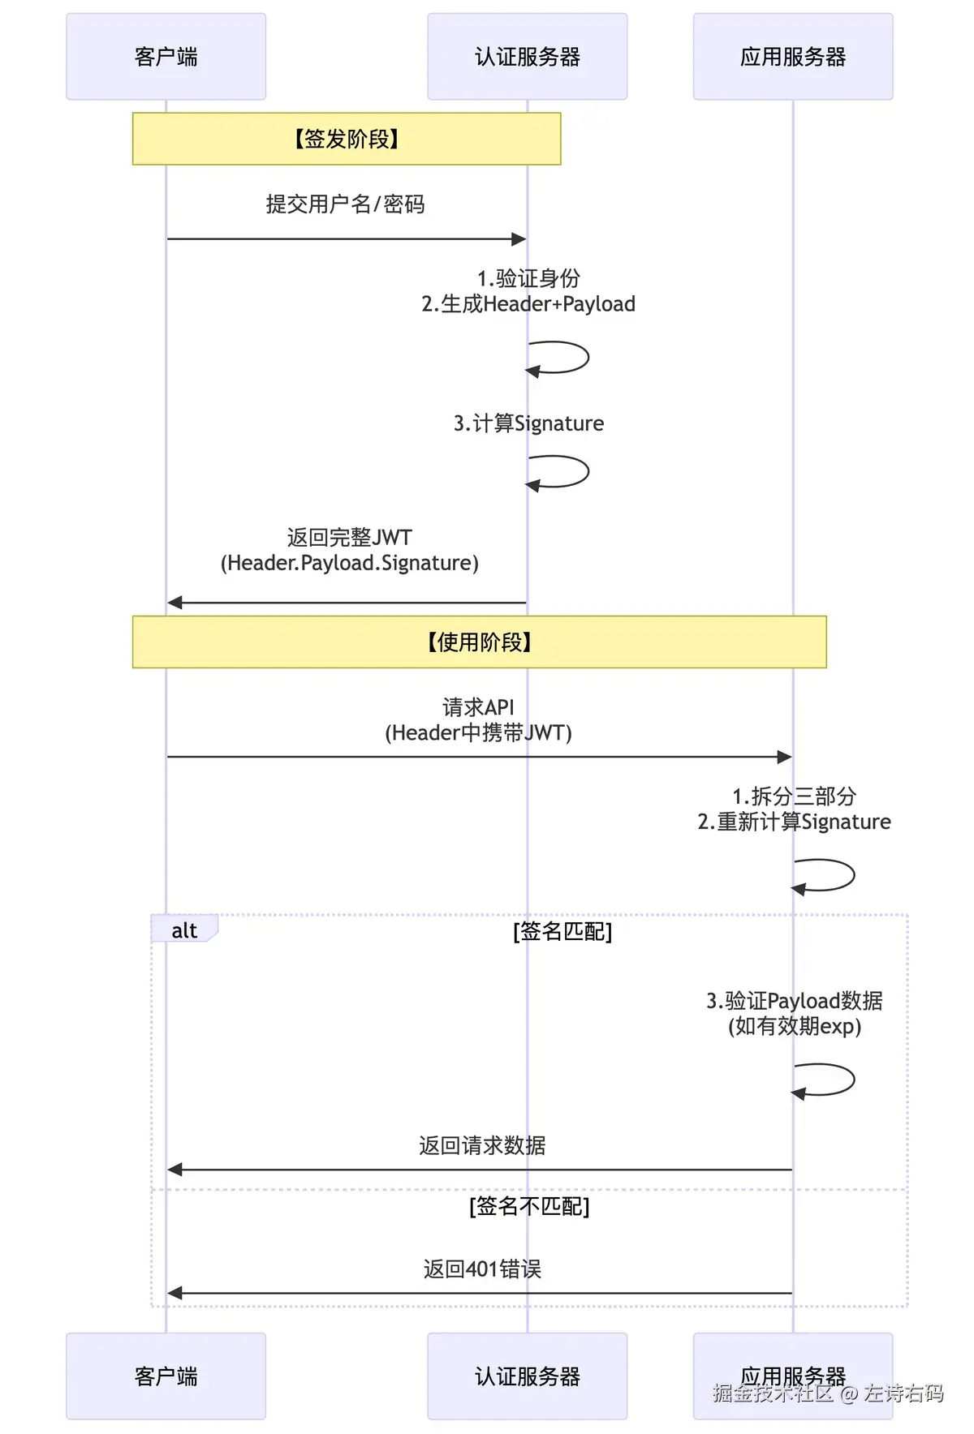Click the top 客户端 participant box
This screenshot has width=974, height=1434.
[166, 57]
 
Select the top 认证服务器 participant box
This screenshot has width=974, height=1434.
[528, 57]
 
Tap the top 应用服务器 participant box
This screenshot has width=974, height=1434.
[793, 57]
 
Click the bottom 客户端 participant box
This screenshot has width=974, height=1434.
[166, 1376]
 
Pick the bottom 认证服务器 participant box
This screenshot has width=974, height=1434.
[528, 1376]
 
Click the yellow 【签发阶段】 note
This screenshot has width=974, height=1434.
[347, 139]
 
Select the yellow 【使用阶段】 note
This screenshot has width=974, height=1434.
[480, 642]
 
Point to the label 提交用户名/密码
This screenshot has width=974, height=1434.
[346, 204]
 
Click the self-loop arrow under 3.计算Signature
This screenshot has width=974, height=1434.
[588, 471]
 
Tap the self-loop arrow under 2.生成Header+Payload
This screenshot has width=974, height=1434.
[588, 357]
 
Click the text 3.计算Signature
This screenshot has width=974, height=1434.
[528, 423]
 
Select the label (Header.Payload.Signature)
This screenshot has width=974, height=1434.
[350, 563]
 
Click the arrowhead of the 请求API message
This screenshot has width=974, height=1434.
[785, 757]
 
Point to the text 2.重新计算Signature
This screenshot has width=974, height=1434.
[794, 822]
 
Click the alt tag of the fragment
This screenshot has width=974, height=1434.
[184, 930]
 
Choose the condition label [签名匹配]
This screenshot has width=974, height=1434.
[562, 931]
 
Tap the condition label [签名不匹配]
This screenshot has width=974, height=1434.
[529, 1206]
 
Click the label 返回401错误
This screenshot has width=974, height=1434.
[482, 1269]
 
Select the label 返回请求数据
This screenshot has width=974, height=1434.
[482, 1145]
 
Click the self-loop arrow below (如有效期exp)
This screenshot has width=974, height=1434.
[854, 1080]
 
